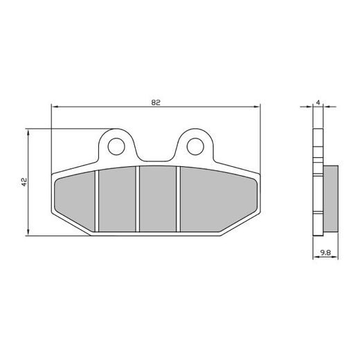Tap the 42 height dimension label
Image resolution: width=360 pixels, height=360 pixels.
[24, 182]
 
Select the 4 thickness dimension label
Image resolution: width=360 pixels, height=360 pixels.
[317, 102]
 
